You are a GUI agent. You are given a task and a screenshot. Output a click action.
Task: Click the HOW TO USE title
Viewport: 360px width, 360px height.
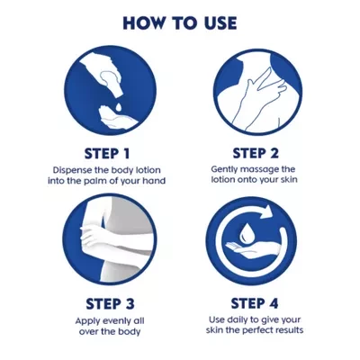click(x=180, y=23)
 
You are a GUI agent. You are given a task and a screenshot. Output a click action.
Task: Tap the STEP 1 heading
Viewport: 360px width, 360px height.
click(x=107, y=154)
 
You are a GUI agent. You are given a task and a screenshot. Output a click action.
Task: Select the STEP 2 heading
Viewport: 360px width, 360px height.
click(x=256, y=153)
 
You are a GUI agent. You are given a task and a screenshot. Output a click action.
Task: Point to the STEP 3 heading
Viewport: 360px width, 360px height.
click(x=110, y=303)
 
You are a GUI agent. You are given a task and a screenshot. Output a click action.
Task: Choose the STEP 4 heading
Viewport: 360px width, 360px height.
click(x=255, y=303)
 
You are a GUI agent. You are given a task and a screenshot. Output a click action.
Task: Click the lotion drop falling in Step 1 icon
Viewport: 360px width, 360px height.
click(x=119, y=106)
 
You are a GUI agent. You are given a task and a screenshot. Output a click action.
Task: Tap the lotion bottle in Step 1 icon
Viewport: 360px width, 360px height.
click(x=107, y=80)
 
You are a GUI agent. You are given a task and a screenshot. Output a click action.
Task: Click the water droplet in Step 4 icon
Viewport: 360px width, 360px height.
click(x=246, y=235)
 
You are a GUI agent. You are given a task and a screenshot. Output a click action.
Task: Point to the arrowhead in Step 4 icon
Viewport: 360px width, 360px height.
click(x=265, y=212)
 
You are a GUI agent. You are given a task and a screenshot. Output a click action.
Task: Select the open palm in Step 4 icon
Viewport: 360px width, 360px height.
click(x=250, y=249)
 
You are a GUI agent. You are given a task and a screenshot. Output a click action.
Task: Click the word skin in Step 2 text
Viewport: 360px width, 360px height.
click(x=288, y=179)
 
